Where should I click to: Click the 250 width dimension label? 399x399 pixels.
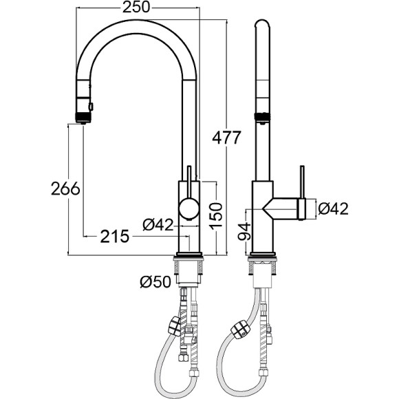[137, 8]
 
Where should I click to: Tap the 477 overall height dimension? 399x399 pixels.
[226, 138]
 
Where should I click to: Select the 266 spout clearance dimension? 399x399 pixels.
[65, 188]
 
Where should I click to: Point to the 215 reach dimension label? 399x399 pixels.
[115, 237]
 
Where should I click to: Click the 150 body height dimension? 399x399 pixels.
[216, 215]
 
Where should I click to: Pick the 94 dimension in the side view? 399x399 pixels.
[244, 231]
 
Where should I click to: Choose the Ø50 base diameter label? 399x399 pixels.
[155, 282]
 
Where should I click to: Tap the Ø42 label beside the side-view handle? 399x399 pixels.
[333, 208]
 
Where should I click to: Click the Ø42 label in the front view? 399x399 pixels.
[158, 224]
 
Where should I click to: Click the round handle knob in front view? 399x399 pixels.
[189, 208]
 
